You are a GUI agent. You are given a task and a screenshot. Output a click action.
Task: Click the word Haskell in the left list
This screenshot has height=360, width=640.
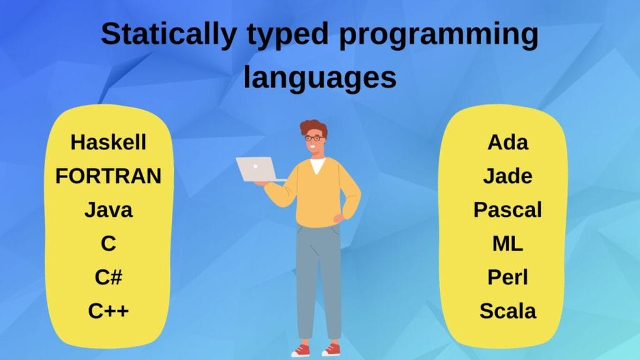(x=108, y=142)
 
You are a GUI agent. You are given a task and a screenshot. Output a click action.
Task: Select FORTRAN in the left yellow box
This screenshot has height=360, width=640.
(x=108, y=176)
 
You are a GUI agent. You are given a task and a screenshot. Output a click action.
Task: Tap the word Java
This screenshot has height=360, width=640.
(x=108, y=210)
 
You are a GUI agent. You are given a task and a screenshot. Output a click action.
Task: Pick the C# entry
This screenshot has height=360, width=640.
(x=108, y=277)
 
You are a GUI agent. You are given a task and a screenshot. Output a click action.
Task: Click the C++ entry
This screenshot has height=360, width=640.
(x=108, y=310)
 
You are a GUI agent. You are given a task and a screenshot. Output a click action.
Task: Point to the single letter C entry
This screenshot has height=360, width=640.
(x=108, y=244)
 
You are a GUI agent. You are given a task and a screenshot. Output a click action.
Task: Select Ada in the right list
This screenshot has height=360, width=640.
(x=507, y=142)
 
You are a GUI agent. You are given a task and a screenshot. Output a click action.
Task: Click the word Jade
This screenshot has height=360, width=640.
(x=507, y=176)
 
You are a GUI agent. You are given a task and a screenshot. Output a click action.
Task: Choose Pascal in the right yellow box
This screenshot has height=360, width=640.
(x=507, y=210)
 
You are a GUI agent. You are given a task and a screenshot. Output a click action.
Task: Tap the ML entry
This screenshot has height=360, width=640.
(x=507, y=244)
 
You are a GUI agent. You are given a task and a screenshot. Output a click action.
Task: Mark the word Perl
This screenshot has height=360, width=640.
(x=507, y=277)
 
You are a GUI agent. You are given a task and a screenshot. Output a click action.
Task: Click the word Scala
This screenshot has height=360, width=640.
(x=507, y=310)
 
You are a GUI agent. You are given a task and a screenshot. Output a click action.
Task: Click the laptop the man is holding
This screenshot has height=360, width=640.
(x=256, y=169)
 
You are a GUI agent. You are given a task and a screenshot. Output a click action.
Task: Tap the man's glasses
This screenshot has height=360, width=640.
(x=315, y=137)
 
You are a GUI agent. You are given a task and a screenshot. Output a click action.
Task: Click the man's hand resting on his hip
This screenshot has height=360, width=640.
(x=339, y=219)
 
